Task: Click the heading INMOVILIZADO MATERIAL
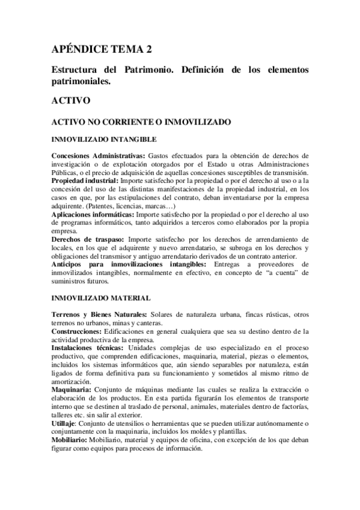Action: click(x=101, y=298)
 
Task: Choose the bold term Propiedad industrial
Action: click(x=85, y=180)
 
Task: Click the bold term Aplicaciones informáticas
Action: click(x=93, y=214)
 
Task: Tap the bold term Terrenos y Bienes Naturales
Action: click(x=99, y=315)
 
